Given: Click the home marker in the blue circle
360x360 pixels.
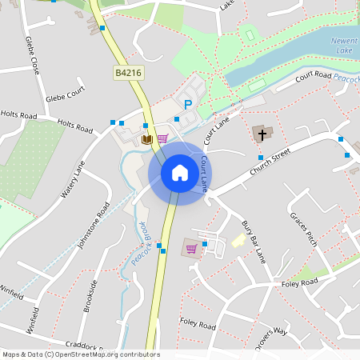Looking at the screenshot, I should [x=180, y=172].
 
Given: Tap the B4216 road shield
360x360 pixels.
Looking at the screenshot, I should [x=127, y=73].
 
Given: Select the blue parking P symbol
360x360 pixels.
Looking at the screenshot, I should [x=189, y=104].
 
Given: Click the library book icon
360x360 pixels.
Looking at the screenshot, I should [x=146, y=139].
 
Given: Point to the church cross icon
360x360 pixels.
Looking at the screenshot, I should [x=261, y=134].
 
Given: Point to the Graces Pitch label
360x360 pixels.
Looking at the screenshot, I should [x=303, y=229].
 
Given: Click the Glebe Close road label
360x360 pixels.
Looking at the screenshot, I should [x=33, y=54].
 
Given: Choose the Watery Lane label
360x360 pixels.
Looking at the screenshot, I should [x=73, y=180].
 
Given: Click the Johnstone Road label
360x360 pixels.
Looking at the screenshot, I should [x=92, y=225].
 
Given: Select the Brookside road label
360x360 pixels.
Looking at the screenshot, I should [x=91, y=295].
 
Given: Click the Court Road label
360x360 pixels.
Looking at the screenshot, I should [x=313, y=76].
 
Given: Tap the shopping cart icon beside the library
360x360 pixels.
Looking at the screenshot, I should [x=162, y=138].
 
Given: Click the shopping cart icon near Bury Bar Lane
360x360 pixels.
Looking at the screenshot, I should [x=191, y=248].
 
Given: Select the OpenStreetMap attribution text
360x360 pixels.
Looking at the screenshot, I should [x=81, y=354].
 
